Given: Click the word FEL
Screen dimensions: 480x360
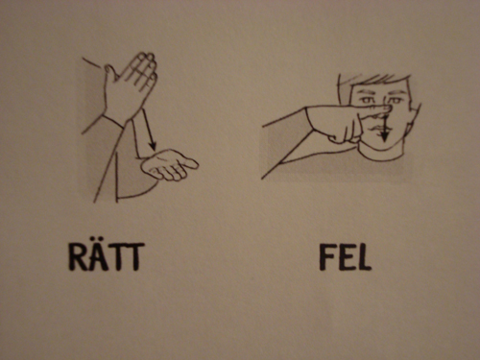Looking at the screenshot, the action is point(346,258).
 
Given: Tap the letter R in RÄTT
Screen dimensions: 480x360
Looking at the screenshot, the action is point(78,257).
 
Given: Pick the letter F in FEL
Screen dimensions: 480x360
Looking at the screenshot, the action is point(326,258).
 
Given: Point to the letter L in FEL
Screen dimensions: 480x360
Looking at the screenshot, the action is point(364,258).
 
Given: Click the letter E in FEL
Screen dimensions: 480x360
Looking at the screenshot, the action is point(346,258).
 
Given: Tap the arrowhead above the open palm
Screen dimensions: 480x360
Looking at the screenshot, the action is point(153,146).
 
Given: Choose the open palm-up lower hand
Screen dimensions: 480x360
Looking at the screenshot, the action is point(169,165).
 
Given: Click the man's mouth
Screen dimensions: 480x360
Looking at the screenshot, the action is point(379,129).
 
